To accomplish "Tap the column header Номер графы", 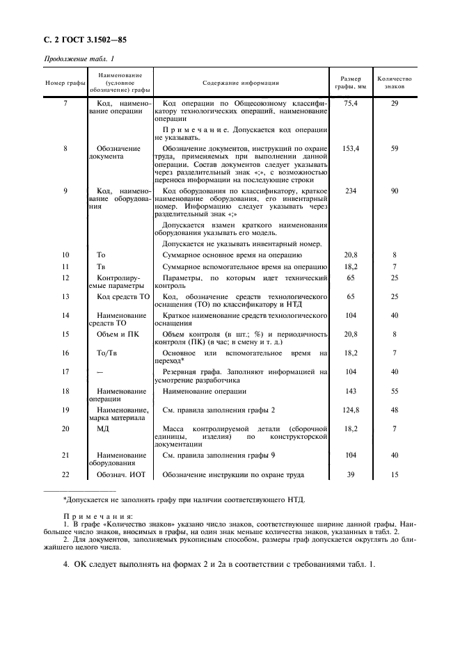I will pyautogui.click(x=65, y=83).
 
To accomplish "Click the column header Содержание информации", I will pyautogui.click(x=240, y=83).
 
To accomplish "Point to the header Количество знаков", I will pyautogui.click(x=395, y=83).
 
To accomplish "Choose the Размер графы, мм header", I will pyautogui.click(x=351, y=83).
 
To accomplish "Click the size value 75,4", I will pyautogui.click(x=351, y=103).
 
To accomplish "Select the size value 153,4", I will pyautogui.click(x=351, y=148).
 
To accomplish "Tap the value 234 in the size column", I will pyautogui.click(x=351, y=191).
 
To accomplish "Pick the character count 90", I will pyautogui.click(x=395, y=191).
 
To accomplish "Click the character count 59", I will pyautogui.click(x=395, y=148).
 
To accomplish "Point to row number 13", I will pyautogui.click(x=65, y=296).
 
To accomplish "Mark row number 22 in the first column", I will pyautogui.click(x=65, y=475).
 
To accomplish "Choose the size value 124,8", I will pyautogui.click(x=351, y=410).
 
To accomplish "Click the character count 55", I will pyautogui.click(x=395, y=391).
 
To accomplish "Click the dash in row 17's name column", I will pyautogui.click(x=102, y=372).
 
